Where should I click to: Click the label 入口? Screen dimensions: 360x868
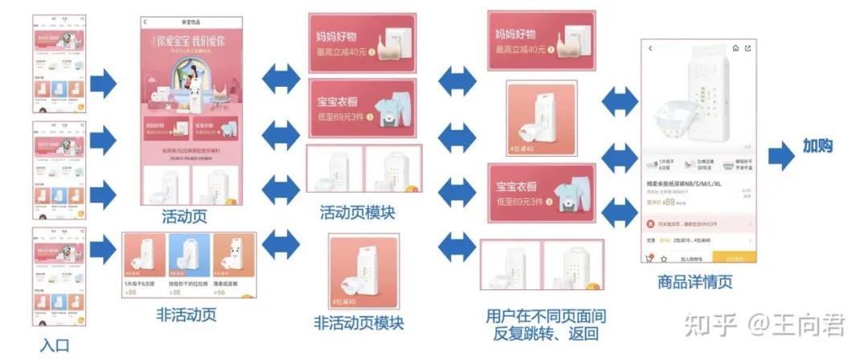click(55, 346)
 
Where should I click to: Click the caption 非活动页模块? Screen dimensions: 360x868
click(358, 323)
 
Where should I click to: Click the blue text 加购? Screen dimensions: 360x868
click(818, 146)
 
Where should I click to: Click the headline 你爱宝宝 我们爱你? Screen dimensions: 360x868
click(191, 39)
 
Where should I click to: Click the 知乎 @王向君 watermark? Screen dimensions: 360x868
click(764, 325)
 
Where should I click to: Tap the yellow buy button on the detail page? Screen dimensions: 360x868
click(737, 259)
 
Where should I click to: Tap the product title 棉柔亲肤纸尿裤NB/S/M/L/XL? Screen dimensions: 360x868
click(683, 184)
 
